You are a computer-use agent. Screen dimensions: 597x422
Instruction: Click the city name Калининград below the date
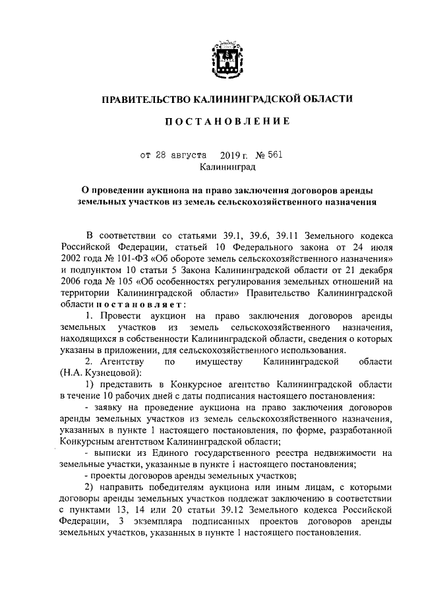pyautogui.click(x=224, y=168)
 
